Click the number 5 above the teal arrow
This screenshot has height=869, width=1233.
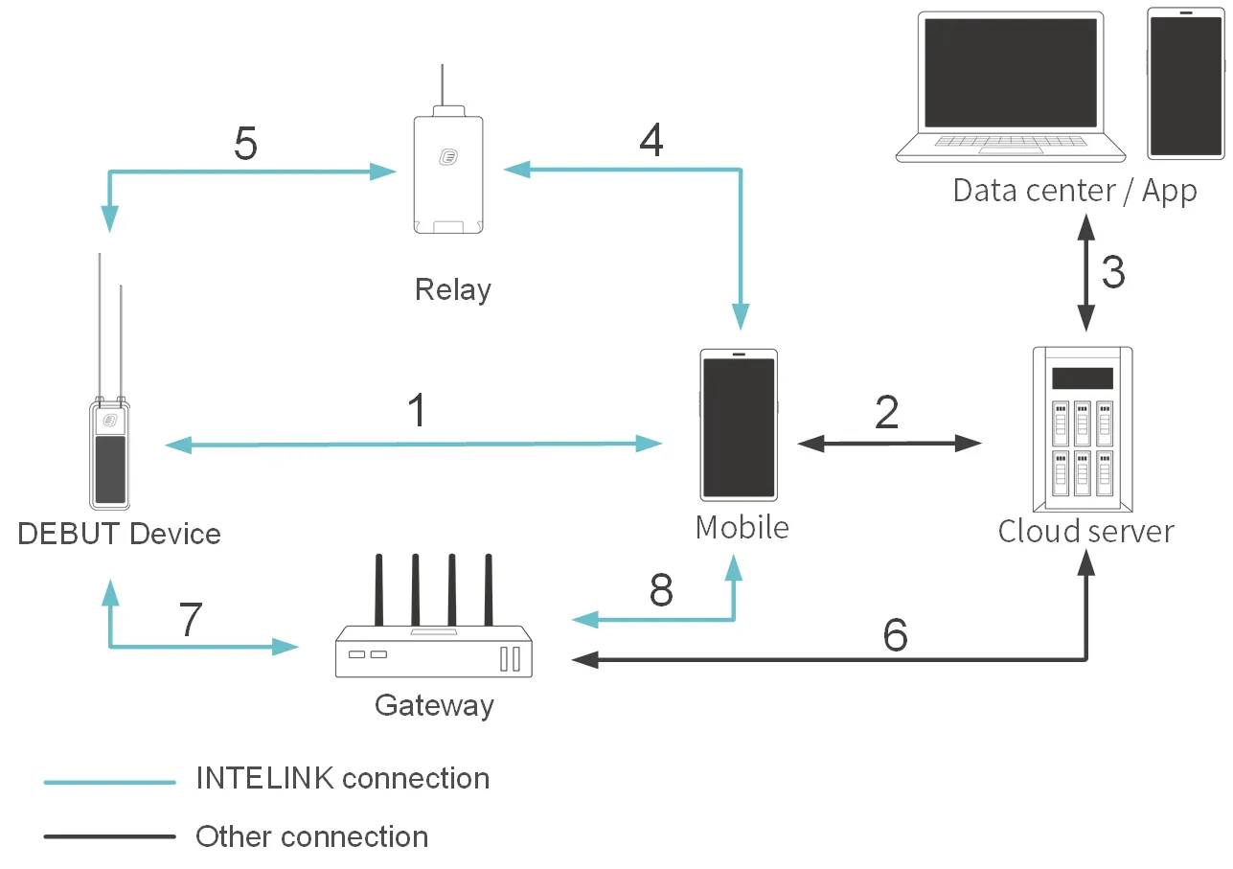click(246, 145)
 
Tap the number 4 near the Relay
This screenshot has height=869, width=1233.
click(651, 141)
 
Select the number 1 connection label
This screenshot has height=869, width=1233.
click(417, 411)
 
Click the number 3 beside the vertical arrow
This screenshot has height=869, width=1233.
click(1113, 273)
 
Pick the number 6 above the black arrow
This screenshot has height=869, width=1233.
click(895, 634)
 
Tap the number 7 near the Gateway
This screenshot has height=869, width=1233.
click(192, 620)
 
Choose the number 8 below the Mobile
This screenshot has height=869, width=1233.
click(661, 591)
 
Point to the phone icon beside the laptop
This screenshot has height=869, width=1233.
click(1185, 84)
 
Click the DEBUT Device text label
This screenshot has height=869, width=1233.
click(119, 534)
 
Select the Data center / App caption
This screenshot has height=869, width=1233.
click(1074, 191)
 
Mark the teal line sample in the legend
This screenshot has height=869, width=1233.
click(109, 782)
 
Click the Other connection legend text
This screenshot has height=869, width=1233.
click(311, 836)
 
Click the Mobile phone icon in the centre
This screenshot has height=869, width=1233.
click(739, 423)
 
